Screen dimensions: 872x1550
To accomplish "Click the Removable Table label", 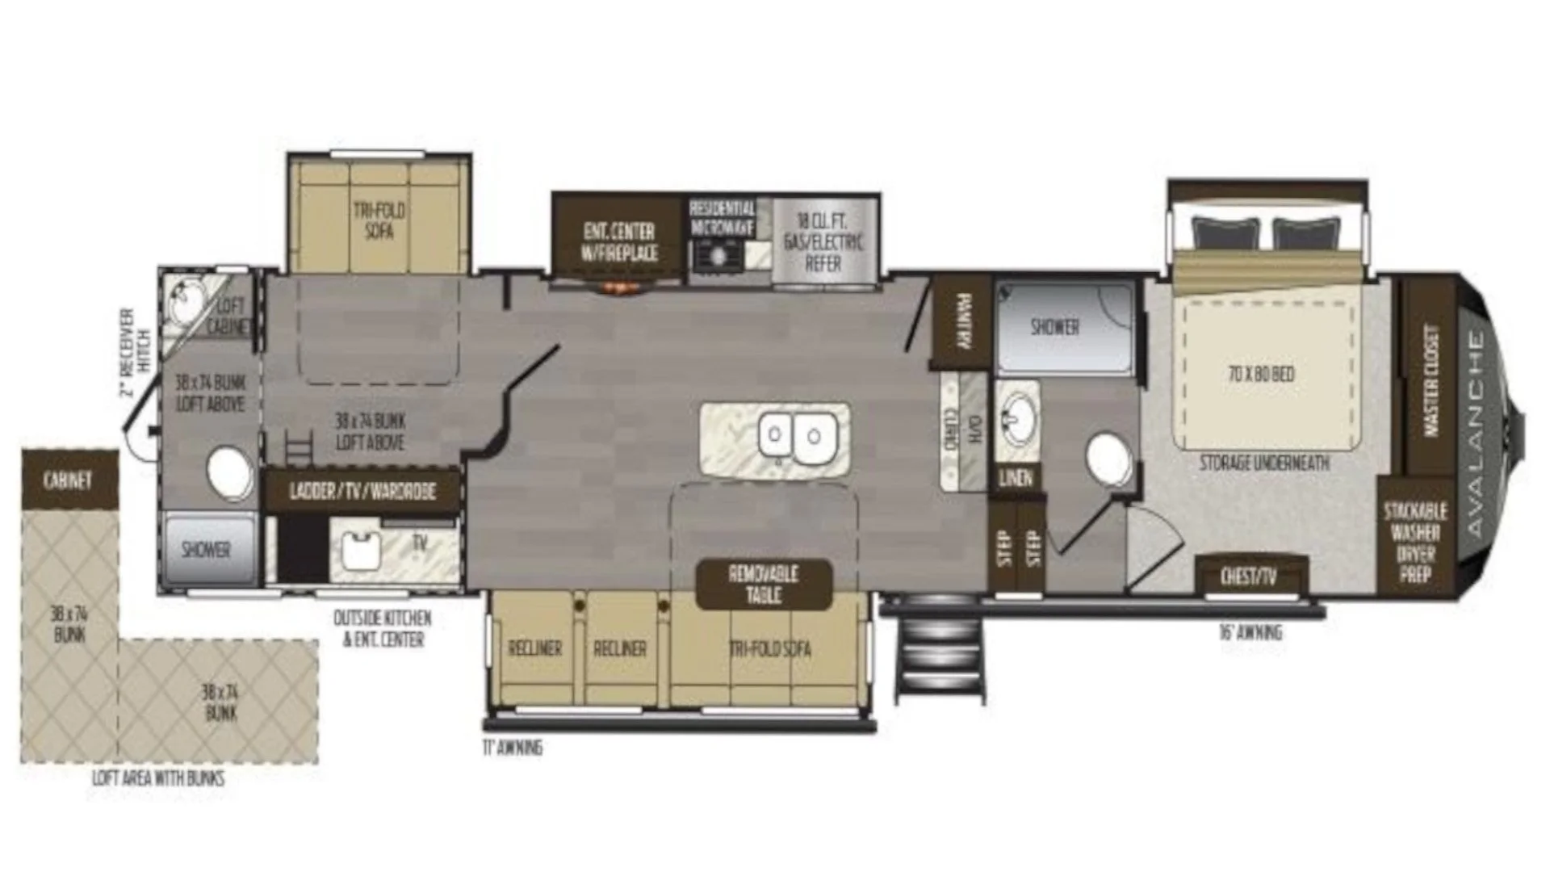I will point(764,585).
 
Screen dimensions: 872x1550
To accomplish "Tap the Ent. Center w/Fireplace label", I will point(619,241).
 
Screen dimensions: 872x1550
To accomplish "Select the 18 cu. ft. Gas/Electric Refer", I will point(823,241).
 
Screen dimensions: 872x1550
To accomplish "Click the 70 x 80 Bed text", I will point(1261,374).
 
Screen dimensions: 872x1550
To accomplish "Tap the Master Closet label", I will point(1431,380).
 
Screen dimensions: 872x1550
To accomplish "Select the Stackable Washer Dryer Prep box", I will point(1415,542).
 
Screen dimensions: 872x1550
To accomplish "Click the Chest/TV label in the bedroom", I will point(1248,576).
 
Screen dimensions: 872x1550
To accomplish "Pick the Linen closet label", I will point(1016,477).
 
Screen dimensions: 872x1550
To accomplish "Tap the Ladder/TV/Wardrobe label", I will point(362,491).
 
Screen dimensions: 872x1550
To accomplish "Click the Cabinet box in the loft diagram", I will point(69,480).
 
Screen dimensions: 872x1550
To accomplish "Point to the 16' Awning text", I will point(1250,633).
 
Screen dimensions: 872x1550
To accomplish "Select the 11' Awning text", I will point(513,748).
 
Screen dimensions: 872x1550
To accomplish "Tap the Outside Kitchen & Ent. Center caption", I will point(383,629).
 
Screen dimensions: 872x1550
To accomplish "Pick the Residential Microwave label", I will point(722,218).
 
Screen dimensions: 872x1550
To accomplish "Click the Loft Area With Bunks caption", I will point(158,778).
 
